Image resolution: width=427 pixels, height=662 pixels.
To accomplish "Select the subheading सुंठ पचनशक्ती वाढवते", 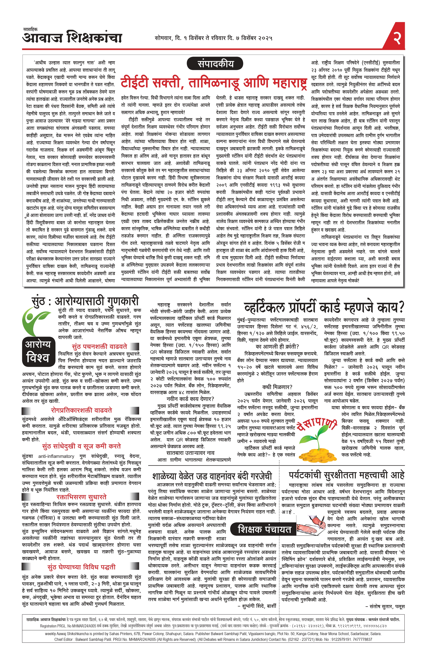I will pos(99,347).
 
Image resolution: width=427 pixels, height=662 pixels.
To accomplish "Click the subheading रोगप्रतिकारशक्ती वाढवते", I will pos(82,410).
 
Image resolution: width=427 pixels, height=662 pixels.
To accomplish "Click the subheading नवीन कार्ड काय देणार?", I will pos(190,399).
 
